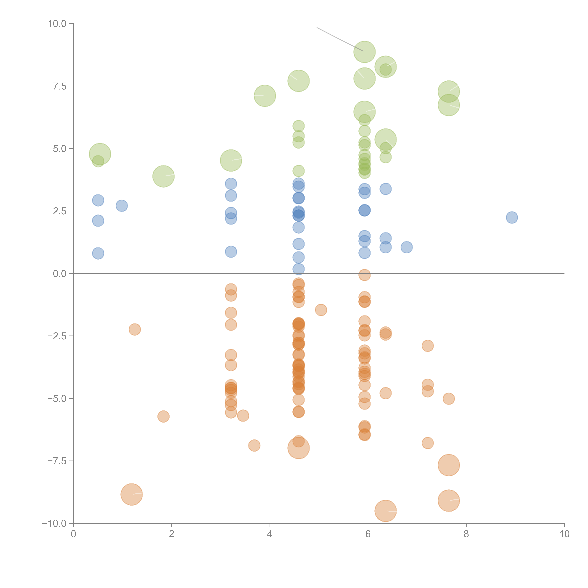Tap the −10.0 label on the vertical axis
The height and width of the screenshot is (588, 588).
point(54,523)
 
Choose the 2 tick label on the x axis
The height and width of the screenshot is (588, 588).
point(172,534)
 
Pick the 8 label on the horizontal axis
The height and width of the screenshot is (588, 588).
point(466,534)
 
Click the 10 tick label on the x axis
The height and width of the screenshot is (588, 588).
point(564,534)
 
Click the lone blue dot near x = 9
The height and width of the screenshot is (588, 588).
point(512,217)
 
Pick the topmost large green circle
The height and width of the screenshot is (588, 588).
point(365,52)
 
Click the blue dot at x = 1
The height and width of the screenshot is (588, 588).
point(122,206)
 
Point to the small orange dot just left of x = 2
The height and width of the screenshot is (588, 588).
point(163,416)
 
